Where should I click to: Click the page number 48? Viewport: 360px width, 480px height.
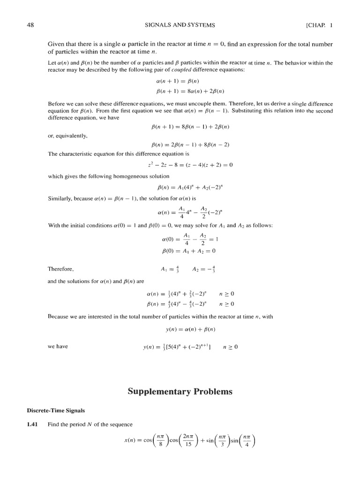(29, 25)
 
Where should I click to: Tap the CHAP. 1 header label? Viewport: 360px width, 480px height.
(319, 25)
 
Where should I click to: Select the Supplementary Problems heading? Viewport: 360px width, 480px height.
(180, 391)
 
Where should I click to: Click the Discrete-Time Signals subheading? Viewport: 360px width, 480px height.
(55, 410)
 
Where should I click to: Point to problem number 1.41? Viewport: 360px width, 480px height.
(33, 425)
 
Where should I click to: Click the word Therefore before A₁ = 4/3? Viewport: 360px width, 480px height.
(61, 269)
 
